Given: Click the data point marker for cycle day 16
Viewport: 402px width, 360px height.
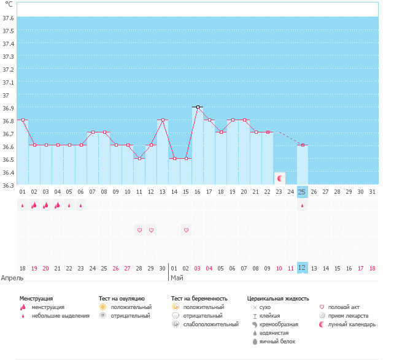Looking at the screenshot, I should click(x=198, y=107).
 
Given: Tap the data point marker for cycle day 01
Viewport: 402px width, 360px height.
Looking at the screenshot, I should click(x=23, y=120).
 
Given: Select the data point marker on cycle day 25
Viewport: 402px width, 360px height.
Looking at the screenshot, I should click(x=302, y=145).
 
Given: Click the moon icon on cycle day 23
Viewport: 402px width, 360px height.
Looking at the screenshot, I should click(x=280, y=178).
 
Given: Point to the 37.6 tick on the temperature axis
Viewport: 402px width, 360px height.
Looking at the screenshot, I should click(x=9, y=18).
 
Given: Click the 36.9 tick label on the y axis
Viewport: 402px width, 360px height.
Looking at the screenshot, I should click(x=9, y=108).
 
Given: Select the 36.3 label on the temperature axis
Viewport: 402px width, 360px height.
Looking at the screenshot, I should click(x=9, y=185).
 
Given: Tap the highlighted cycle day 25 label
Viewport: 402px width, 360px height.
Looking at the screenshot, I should click(x=302, y=192).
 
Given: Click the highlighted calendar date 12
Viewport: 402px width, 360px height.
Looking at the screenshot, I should click(x=302, y=268).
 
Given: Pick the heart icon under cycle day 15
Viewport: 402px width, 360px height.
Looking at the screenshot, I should click(x=187, y=230).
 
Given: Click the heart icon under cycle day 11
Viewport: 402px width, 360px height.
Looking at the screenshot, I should click(x=139, y=230).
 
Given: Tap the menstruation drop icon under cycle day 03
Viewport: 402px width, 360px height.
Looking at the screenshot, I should click(x=46, y=205).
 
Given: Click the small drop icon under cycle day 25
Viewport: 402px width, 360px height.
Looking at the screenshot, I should click(x=302, y=206).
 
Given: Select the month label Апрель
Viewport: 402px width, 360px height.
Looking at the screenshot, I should click(x=13, y=278).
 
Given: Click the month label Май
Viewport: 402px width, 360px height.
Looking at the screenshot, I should click(x=177, y=278).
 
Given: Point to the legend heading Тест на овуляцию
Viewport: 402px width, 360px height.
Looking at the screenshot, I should click(x=122, y=299).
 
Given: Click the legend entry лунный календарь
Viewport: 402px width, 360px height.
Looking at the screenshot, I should click(x=352, y=324).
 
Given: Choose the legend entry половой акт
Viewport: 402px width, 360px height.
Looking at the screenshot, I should click(x=344, y=307).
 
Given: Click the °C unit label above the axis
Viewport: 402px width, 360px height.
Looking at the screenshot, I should click(x=9, y=4).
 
